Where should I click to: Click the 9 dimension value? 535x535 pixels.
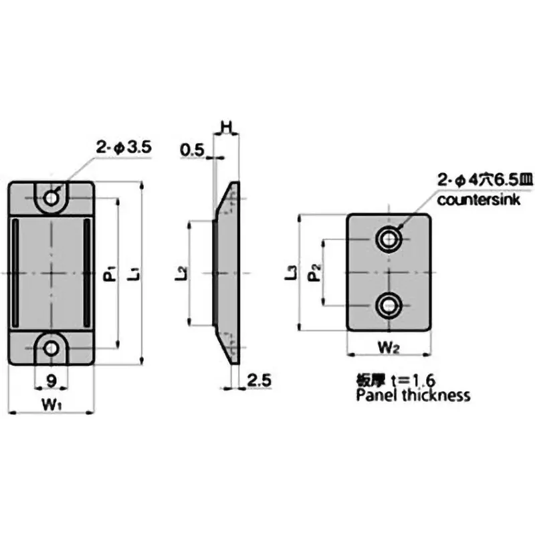(x=51, y=382)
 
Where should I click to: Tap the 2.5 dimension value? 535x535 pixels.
(x=258, y=381)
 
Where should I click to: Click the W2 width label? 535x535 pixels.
(x=388, y=347)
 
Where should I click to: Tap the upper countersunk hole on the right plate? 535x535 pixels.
(x=389, y=239)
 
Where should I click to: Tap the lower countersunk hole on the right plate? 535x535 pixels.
(x=389, y=306)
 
